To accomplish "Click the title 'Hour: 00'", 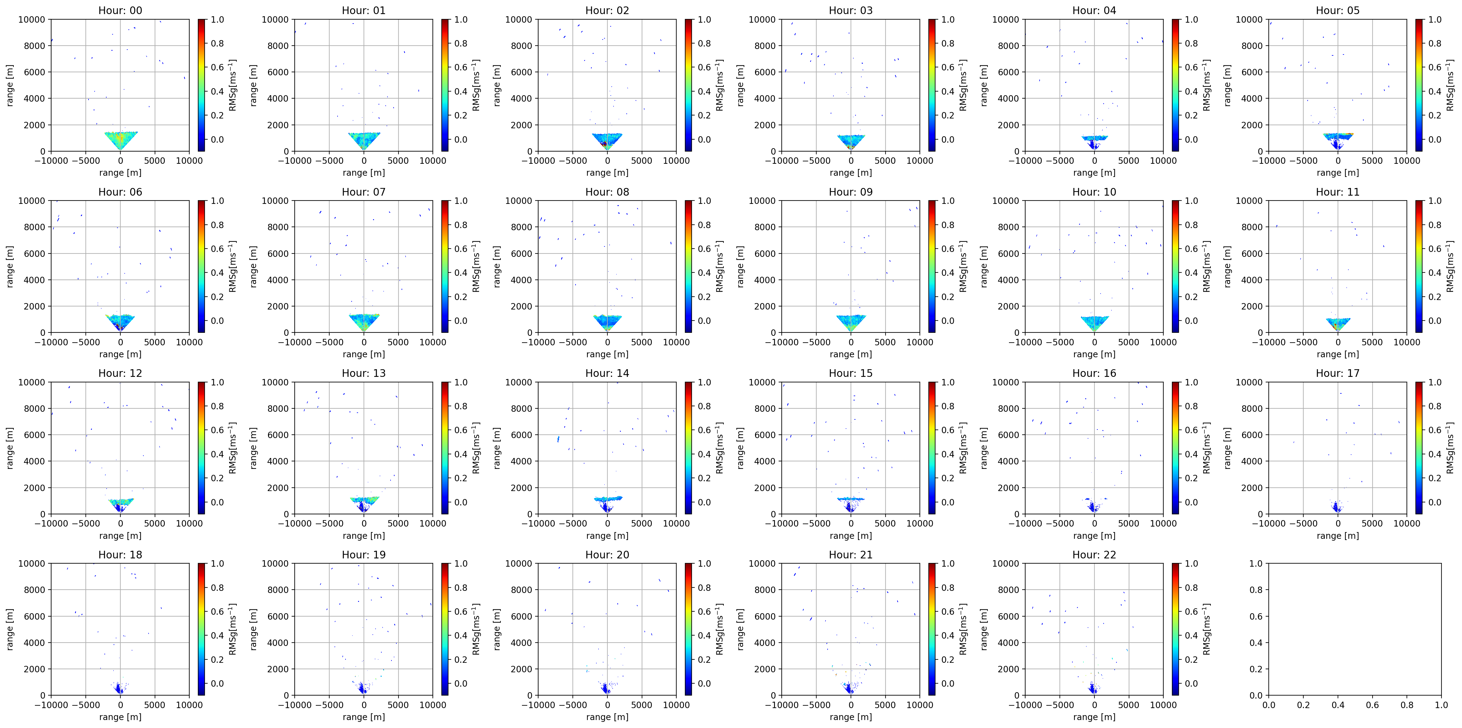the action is click(x=120, y=10).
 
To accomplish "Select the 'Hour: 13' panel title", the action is click(x=364, y=373).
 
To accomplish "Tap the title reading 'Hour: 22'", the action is click(x=1094, y=554).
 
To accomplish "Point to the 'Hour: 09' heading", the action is click(x=851, y=192).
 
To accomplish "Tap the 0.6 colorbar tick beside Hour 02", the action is click(x=704, y=67).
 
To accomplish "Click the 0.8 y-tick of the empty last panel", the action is click(x=1256, y=590).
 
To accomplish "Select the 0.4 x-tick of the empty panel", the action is click(x=1338, y=705).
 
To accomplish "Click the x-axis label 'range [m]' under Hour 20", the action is click(x=607, y=717).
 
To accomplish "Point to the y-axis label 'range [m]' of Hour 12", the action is click(x=9, y=448).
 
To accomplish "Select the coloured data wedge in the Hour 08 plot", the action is click(x=607, y=322).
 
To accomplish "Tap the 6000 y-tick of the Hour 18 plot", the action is click(x=34, y=616).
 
